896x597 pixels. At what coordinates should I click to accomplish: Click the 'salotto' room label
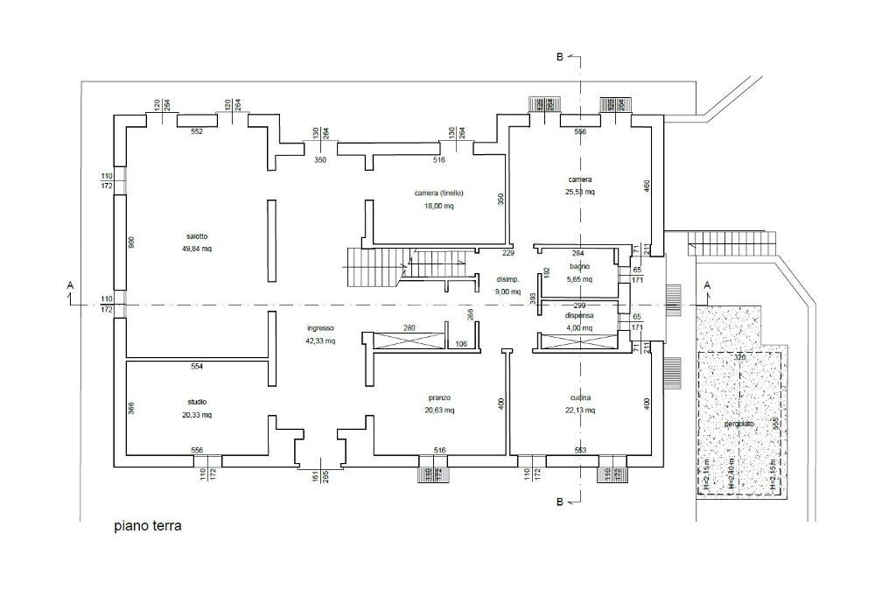click(x=197, y=236)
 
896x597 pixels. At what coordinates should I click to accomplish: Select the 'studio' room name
click(x=196, y=402)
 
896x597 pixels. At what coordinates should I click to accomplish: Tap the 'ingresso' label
click(x=320, y=328)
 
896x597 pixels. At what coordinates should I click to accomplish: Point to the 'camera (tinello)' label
click(x=438, y=193)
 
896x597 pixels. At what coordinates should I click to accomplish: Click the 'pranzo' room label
click(x=439, y=397)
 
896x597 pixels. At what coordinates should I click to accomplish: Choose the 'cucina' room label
click(x=580, y=397)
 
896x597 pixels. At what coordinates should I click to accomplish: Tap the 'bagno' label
click(x=580, y=266)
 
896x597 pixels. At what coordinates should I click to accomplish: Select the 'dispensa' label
click(x=580, y=315)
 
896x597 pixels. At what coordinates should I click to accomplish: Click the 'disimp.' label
click(x=509, y=279)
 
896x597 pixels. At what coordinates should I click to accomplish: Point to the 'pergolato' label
click(x=738, y=424)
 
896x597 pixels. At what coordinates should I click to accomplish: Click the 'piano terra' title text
click(x=148, y=527)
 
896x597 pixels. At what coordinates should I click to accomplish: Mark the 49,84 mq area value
click(x=197, y=249)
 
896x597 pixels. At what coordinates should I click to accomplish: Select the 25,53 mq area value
click(x=580, y=192)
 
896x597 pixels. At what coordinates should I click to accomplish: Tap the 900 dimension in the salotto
click(x=132, y=242)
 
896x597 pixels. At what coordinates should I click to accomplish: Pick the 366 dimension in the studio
click(x=132, y=407)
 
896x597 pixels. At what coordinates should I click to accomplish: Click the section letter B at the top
click(x=560, y=58)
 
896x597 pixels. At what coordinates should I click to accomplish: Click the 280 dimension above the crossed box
click(x=409, y=328)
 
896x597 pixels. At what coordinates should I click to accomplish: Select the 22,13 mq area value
click(x=580, y=410)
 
